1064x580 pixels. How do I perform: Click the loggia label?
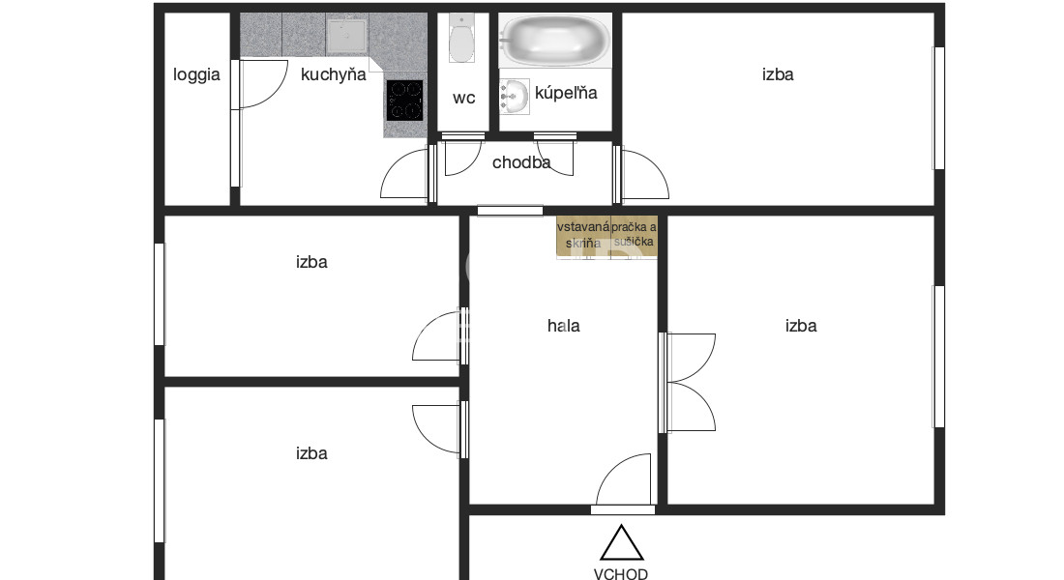click(x=196, y=75)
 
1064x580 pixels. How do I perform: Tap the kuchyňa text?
click(x=333, y=74)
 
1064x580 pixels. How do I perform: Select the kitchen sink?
click(x=346, y=37)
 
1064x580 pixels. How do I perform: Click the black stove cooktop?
click(x=405, y=101)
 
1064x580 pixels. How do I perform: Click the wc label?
click(x=464, y=99)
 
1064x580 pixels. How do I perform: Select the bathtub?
click(x=555, y=40)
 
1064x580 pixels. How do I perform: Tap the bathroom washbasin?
click(x=515, y=97)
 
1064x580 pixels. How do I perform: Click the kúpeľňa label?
click(x=566, y=93)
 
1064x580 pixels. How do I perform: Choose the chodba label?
click(x=521, y=162)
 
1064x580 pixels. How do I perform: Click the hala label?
click(x=563, y=327)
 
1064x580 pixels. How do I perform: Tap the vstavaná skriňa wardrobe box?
click(x=583, y=236)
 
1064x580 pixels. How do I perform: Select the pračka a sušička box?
click(x=634, y=236)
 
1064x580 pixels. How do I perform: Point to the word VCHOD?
click(x=621, y=574)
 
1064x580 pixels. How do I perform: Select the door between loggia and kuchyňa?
click(x=260, y=84)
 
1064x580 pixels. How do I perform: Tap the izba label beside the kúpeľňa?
click(x=778, y=74)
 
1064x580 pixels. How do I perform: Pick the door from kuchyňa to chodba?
click(x=406, y=174)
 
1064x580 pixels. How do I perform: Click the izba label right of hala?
click(x=801, y=327)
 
